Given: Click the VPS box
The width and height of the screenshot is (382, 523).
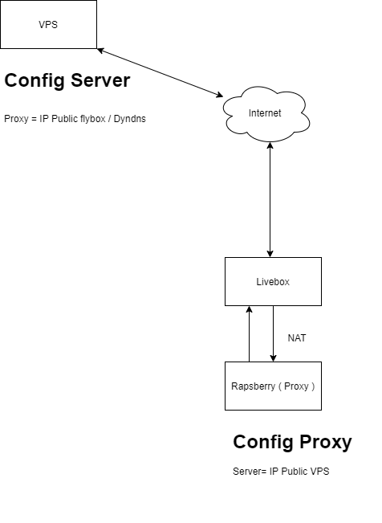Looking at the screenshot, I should [48, 25].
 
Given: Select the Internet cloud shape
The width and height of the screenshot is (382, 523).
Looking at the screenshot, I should [265, 114].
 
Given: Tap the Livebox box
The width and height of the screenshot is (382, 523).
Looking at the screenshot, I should [273, 281].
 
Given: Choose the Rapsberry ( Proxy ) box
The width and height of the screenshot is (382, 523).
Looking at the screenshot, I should [273, 386].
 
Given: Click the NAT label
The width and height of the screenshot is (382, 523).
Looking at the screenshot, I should [296, 338].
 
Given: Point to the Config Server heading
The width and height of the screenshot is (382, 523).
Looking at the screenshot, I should [67, 81].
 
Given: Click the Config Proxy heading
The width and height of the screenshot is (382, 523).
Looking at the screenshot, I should [292, 443].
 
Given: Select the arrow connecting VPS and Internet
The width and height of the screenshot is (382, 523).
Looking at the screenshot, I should [161, 73].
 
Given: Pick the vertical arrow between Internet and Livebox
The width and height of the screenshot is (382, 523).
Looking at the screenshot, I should [270, 201].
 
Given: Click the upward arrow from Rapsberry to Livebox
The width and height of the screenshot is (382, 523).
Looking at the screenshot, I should [249, 333].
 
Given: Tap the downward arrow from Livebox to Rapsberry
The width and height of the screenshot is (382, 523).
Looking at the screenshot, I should [274, 333].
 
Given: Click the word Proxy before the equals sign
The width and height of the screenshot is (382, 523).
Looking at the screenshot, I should [16, 119].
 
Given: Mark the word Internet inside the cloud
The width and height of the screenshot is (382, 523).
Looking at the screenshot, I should [265, 113].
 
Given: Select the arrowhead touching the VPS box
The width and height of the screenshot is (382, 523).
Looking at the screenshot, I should [101, 50].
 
